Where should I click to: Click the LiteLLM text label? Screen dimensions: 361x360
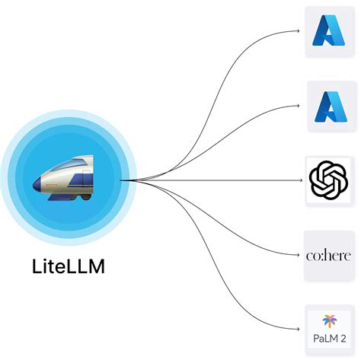[x=69, y=266]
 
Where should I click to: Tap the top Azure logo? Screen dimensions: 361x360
[x=329, y=30]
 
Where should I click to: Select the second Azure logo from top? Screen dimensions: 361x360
[x=331, y=107]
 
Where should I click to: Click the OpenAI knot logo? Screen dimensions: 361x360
[x=329, y=180]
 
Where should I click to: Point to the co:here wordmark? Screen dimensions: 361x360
[x=329, y=255]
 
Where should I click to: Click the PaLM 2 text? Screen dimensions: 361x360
[x=330, y=339]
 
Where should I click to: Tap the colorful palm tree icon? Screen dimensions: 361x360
[x=329, y=321]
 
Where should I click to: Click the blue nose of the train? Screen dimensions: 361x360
[x=37, y=183]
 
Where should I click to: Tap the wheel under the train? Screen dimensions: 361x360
[x=86, y=196]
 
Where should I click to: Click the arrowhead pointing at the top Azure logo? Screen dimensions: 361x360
[x=299, y=31]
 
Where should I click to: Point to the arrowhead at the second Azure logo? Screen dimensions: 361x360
[x=299, y=106]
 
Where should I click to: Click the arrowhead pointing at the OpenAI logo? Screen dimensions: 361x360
[x=301, y=180]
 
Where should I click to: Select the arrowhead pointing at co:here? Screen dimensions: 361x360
[x=299, y=255]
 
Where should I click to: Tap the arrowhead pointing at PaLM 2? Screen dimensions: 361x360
[x=299, y=330]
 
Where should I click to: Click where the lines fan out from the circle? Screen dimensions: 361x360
[x=121, y=180]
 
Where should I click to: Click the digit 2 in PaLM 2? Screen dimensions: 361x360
[x=343, y=339]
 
